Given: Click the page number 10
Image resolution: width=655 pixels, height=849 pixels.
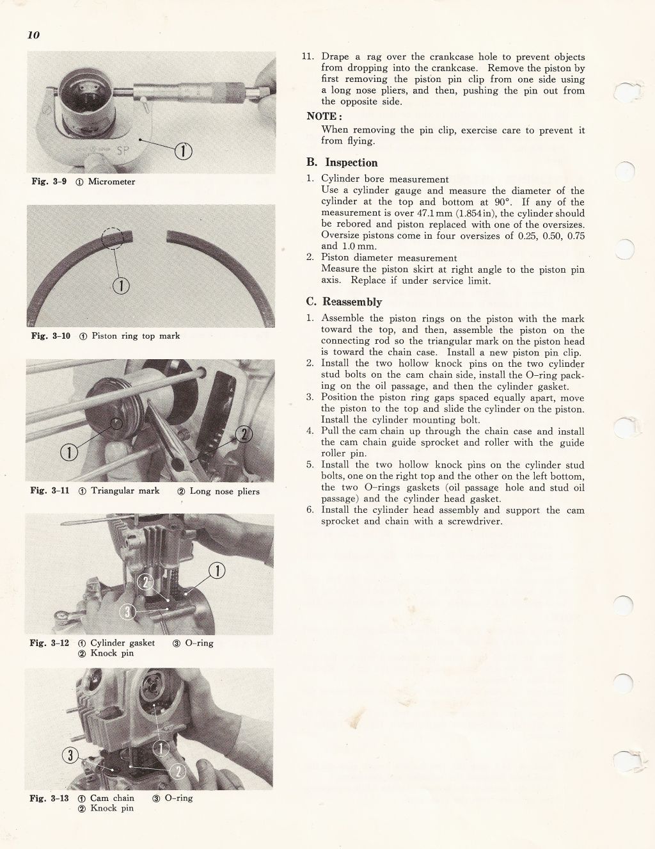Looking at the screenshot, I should pyautogui.click(x=33, y=35).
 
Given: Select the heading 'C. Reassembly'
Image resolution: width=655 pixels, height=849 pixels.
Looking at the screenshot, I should pyautogui.click(x=344, y=302).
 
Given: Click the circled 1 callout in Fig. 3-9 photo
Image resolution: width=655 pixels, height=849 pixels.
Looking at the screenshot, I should pyautogui.click(x=184, y=151).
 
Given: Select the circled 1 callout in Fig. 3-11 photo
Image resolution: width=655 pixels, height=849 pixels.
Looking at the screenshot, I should pyautogui.click(x=68, y=453).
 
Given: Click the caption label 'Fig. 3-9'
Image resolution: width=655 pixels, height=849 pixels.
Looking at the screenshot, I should pyautogui.click(x=49, y=182).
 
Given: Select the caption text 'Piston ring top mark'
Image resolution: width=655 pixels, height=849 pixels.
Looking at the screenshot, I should pyautogui.click(x=136, y=336).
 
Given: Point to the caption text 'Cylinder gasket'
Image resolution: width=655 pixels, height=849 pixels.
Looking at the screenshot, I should pyautogui.click(x=122, y=643).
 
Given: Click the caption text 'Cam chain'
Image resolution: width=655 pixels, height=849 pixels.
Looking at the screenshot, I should pyautogui.click(x=112, y=798).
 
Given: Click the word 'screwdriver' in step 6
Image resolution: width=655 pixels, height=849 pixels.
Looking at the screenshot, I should pyautogui.click(x=475, y=521).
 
